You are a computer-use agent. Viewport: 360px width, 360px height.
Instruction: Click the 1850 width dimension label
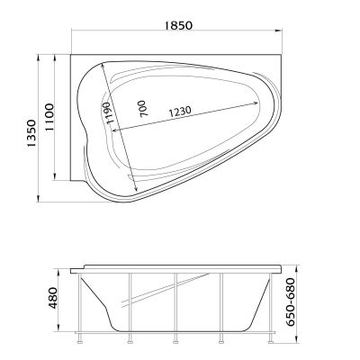pos(178,25)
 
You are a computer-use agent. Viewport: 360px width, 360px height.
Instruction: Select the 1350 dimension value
pos(31,133)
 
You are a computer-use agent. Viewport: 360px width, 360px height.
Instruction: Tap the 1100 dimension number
pos(49,117)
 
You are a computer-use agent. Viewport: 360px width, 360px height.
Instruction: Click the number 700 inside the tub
pos(143,109)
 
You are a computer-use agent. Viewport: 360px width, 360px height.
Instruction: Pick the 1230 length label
pos(180,112)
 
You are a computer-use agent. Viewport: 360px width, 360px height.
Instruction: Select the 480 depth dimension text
pos(53,298)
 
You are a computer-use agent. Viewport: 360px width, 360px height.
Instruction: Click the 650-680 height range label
pos(290,301)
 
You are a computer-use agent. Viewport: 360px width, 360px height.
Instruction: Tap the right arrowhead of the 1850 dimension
pos(279,31)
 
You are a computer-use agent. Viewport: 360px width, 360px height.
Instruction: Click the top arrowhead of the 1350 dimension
pos(38,58)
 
